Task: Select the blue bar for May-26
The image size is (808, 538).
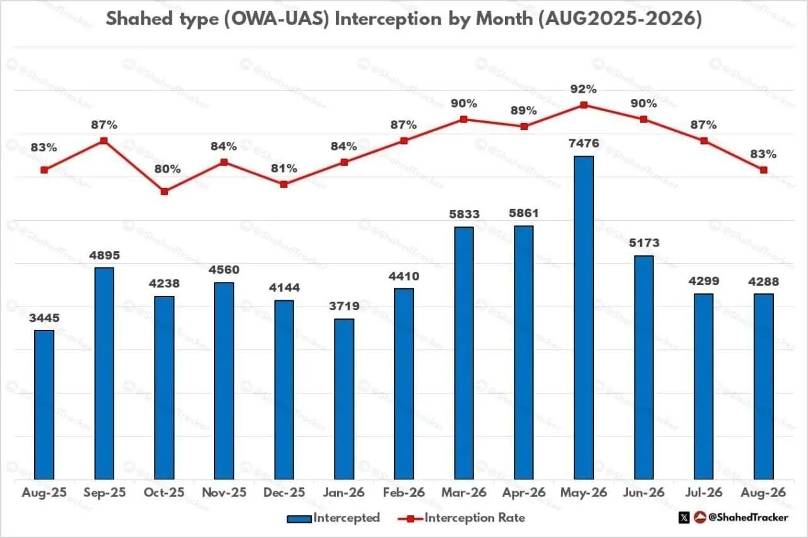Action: point(584,317)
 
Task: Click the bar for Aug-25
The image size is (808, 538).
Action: point(44,405)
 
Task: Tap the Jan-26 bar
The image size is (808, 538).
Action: point(344,399)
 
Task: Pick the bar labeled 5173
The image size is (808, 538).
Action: point(644,368)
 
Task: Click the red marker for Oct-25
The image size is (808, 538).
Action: point(164,191)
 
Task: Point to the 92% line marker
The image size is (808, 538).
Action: point(584,105)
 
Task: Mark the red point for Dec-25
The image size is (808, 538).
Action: point(284,184)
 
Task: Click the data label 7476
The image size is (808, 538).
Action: point(584,143)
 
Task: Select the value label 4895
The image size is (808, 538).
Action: point(104,255)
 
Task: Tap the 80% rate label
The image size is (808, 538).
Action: point(167,169)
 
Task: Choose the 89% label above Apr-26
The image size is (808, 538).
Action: point(523,110)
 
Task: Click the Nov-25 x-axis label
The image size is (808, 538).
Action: point(224,492)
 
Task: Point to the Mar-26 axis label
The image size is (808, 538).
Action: point(464,492)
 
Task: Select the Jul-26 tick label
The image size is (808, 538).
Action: point(704,492)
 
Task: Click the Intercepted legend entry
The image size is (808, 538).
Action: point(333,518)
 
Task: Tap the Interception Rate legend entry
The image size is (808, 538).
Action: point(461,518)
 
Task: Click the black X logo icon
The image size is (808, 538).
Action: point(684,518)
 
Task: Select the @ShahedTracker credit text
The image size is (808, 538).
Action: point(748,517)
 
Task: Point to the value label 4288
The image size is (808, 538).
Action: point(763,281)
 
